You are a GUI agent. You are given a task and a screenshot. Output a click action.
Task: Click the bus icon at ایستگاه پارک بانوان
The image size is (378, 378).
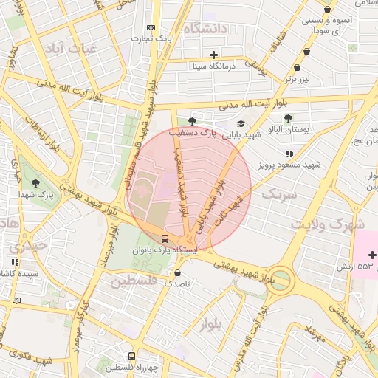164,238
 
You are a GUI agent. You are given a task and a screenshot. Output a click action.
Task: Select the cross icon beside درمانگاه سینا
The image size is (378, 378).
213,55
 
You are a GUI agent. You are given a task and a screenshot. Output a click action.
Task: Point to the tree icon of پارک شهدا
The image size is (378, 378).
35,182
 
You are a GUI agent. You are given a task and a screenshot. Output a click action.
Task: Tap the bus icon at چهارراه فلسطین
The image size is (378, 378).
131,356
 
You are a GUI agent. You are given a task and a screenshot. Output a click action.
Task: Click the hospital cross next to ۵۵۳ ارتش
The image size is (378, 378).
371,255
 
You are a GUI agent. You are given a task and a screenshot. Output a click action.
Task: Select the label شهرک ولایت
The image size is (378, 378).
327,223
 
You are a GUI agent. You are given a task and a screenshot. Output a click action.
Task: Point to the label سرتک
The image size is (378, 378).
279,195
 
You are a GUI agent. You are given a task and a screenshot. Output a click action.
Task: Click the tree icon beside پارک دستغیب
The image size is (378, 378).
192,120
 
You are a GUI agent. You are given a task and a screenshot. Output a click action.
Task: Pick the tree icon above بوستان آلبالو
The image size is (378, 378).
288,117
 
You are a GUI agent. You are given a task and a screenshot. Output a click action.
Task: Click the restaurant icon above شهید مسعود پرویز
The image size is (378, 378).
289,154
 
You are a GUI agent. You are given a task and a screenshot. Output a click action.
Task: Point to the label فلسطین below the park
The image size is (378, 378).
134,281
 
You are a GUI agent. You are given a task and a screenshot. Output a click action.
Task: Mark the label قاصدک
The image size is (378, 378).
178,283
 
